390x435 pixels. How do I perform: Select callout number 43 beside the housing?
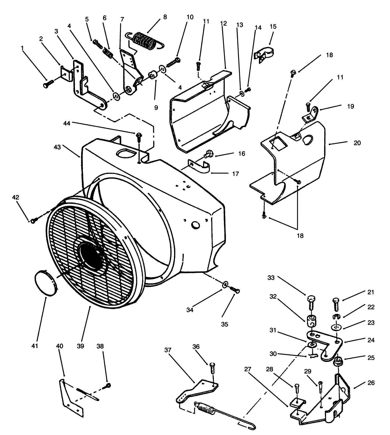click(57, 147)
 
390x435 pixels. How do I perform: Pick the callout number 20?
click(357, 143)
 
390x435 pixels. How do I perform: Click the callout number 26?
click(371, 383)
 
